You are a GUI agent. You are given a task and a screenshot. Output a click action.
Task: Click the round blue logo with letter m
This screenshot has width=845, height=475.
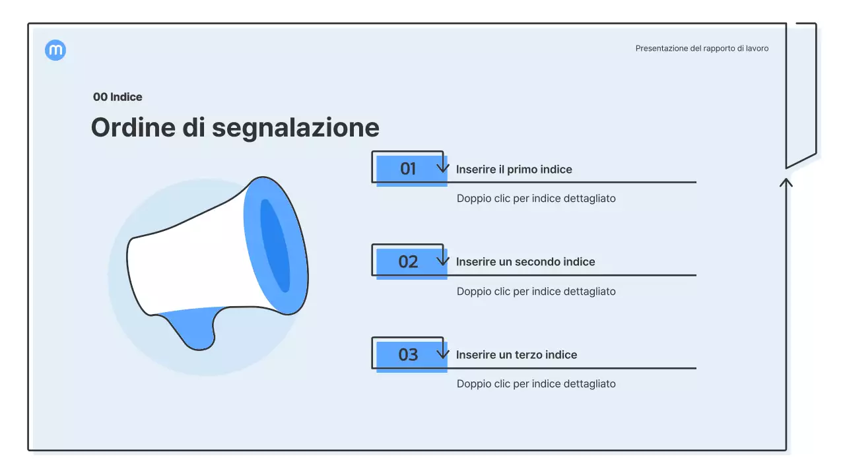coord(55,50)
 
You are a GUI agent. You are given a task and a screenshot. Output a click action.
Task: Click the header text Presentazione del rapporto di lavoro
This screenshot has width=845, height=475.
coord(702,48)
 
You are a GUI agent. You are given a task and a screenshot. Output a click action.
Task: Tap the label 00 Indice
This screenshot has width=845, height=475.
coord(118,97)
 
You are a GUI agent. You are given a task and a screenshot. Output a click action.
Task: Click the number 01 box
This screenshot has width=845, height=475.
coord(408,169)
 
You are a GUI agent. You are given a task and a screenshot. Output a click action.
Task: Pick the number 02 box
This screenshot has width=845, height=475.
coord(408,262)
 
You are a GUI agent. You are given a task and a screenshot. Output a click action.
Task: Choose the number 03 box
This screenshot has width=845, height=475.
coord(408,355)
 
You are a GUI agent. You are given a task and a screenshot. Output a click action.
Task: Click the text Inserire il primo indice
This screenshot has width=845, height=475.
coord(514,170)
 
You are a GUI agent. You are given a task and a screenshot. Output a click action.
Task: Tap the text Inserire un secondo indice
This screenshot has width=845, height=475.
coord(525,262)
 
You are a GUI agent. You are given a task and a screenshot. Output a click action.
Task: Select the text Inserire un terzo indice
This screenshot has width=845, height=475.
coord(516,355)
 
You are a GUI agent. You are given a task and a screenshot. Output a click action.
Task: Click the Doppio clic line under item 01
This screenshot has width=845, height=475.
coord(536,199)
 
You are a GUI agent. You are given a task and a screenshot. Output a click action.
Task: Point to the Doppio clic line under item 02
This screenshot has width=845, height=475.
coord(536,292)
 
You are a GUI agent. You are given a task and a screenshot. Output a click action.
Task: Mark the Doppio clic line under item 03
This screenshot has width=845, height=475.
coord(536,384)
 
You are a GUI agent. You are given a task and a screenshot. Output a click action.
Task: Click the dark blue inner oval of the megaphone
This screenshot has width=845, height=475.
coord(275,245)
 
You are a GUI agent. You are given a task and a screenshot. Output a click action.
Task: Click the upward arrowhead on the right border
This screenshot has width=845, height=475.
coord(786,181)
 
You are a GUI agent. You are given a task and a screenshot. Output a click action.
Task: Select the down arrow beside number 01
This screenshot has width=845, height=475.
coord(443,166)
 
